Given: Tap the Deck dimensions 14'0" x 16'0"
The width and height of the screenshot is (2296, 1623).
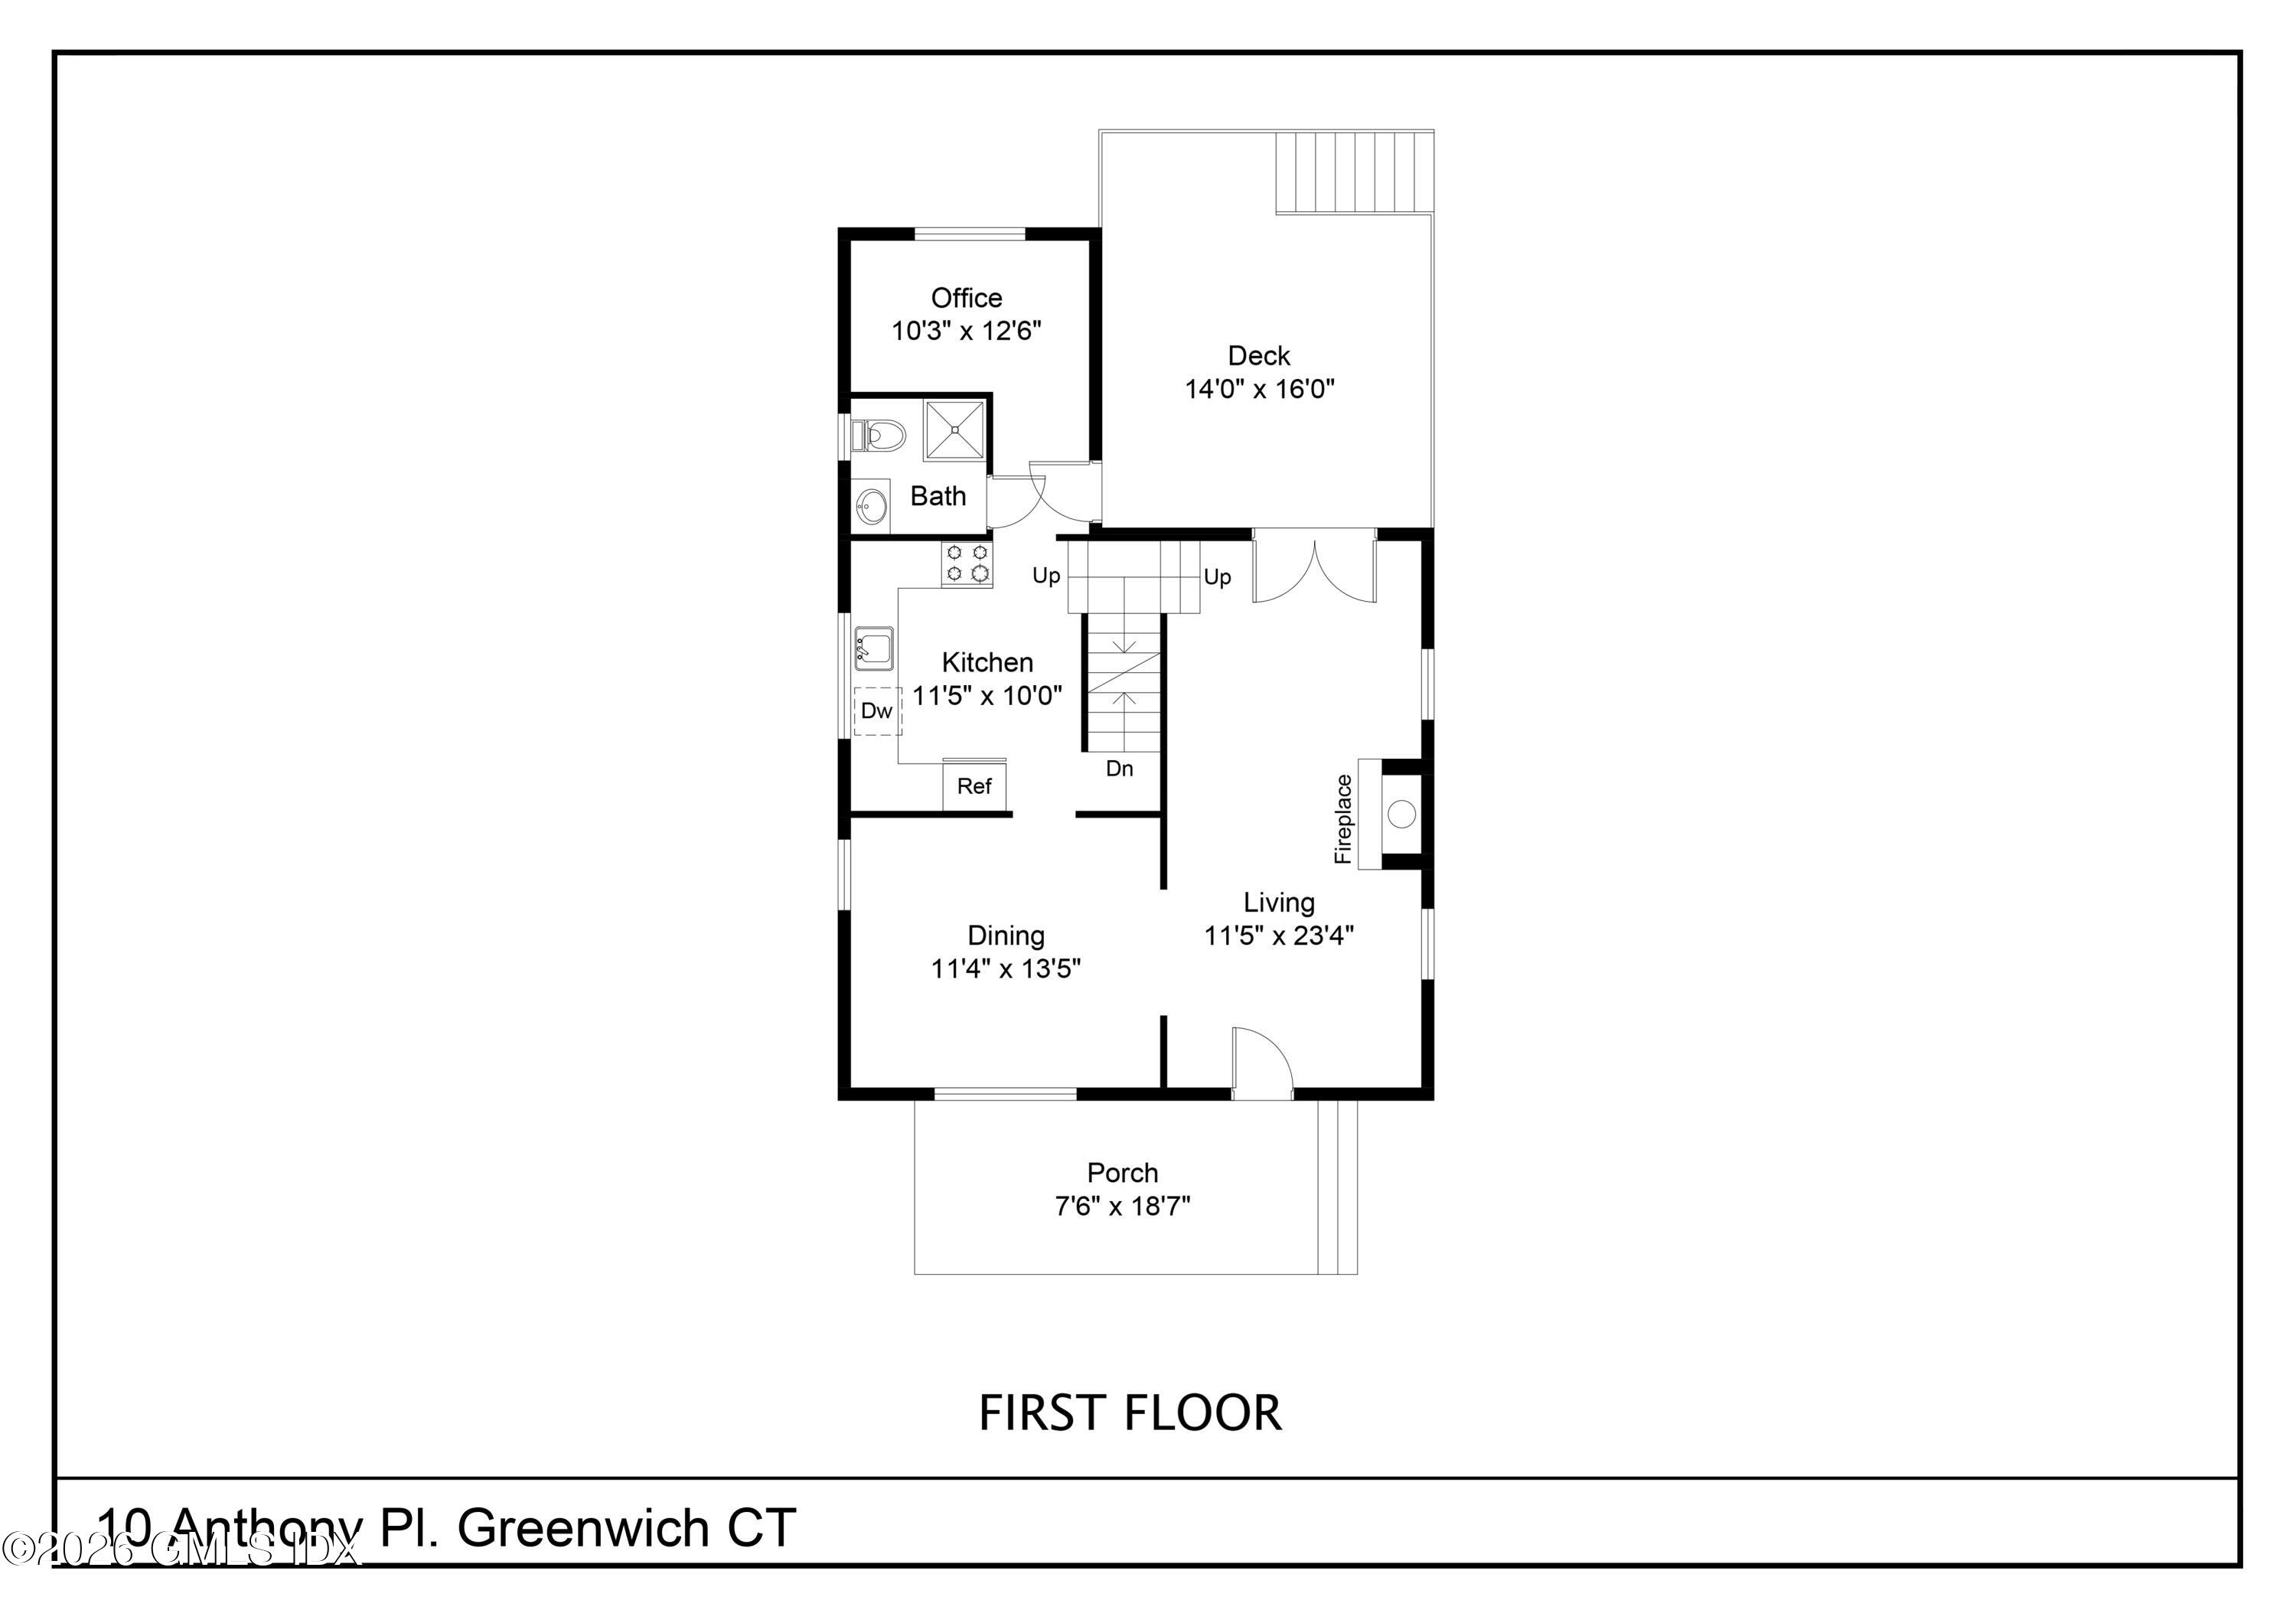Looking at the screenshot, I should tap(1260, 389).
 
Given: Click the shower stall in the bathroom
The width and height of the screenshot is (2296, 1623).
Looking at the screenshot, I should tap(954, 430).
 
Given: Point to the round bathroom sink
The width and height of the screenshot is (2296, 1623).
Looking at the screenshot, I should tap(872, 505).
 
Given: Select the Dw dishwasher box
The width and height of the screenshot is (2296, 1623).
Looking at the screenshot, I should tap(877, 711).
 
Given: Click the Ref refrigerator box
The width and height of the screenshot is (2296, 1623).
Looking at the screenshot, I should tap(974, 786).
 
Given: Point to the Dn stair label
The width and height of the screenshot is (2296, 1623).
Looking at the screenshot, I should tap(1119, 769).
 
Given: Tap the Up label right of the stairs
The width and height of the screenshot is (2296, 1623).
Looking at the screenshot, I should tap(1217, 577).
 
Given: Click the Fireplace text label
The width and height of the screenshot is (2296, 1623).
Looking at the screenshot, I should tap(1343, 819).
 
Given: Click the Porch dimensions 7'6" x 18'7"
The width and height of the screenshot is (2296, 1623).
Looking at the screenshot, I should tap(1122, 1207).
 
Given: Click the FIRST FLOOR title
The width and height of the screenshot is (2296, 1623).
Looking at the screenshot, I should tap(1130, 1413).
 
